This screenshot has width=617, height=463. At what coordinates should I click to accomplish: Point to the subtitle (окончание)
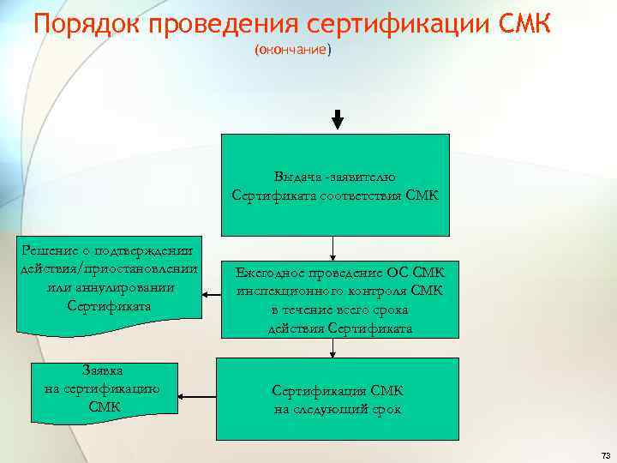click(291, 50)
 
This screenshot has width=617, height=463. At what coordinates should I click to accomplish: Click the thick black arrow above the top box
click(337, 119)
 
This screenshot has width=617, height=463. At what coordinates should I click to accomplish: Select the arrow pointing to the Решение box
click(211, 294)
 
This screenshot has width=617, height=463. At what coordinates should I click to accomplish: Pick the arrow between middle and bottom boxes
click(332, 346)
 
